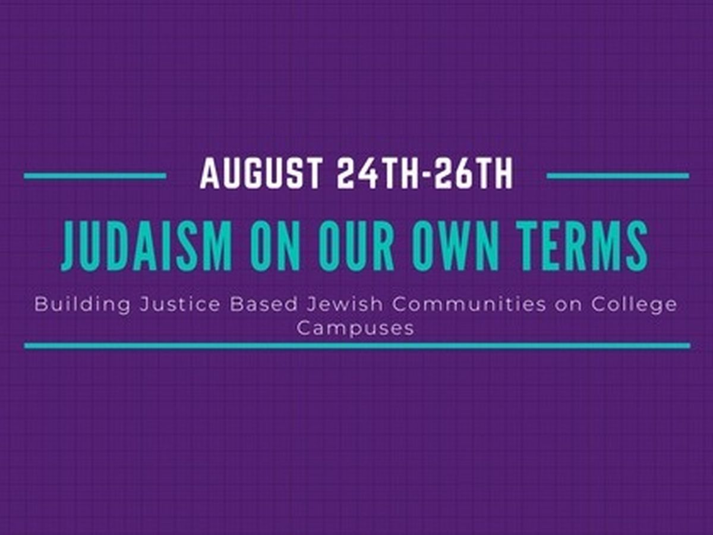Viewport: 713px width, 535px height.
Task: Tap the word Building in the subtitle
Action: pos(83,306)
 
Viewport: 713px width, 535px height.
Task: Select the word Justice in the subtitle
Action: pos(180,305)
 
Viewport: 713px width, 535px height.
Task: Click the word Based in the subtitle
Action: pos(264,305)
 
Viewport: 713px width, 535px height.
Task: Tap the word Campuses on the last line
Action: pos(355,329)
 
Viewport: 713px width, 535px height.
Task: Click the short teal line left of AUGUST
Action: pos(95,176)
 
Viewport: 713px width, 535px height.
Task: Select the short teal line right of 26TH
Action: pos(618,176)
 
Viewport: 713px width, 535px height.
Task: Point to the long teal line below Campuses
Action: pos(357,346)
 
